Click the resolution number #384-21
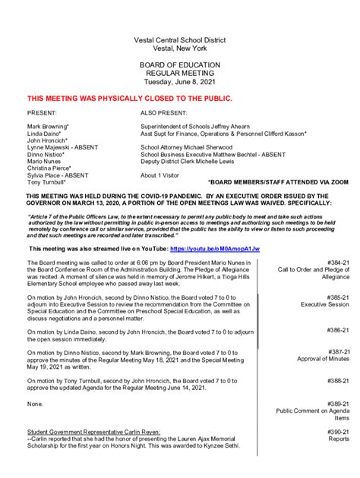coord(338,263)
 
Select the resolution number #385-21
coord(338,297)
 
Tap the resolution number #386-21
coord(338,331)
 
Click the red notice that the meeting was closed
coord(129,99)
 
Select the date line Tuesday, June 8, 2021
coord(179,82)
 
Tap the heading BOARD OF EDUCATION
coord(179,65)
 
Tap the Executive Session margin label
coord(324,305)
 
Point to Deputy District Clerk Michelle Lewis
coord(197,161)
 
